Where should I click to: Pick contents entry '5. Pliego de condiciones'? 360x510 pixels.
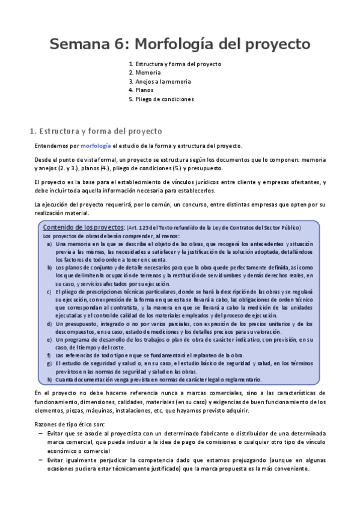pos(161,99)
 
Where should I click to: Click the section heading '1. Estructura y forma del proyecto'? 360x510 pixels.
pos(96,131)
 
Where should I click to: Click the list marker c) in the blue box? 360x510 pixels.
pos(49,292)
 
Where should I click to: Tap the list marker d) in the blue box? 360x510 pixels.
pos(49,324)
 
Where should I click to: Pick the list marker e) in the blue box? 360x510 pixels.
pos(49,339)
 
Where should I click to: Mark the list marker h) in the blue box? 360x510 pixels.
pos(49,379)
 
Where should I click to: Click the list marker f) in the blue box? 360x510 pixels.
pos(49,355)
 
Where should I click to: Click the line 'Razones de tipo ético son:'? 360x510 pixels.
pos(70,424)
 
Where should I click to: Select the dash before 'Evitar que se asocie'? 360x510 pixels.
pos(40,433)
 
